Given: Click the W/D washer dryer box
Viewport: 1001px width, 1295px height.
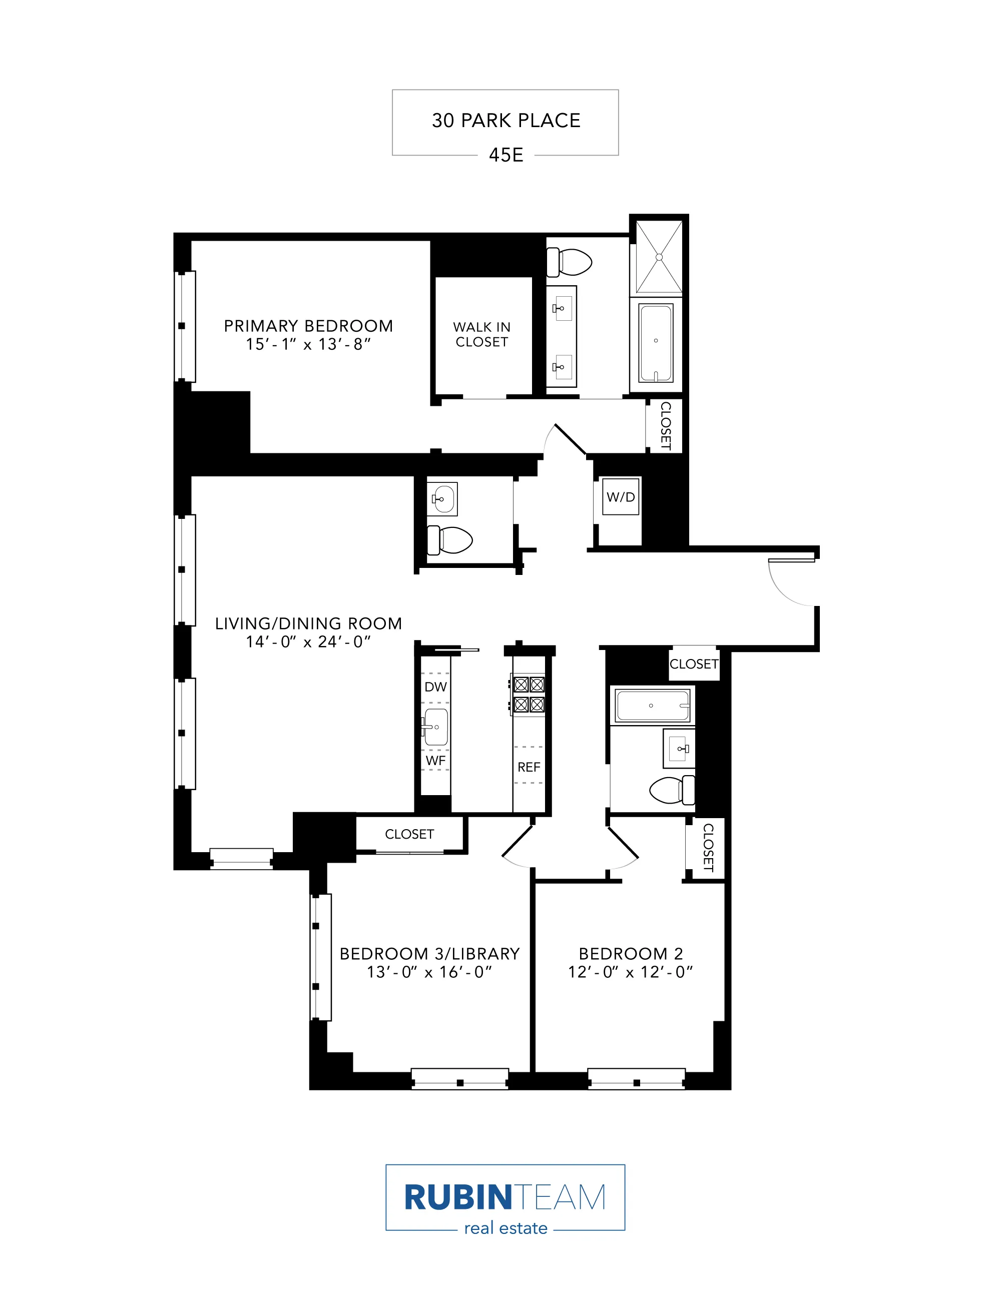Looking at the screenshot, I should point(621,497).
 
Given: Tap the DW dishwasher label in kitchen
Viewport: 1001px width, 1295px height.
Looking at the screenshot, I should point(435,687).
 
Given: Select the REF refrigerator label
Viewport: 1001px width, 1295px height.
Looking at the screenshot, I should point(529,767).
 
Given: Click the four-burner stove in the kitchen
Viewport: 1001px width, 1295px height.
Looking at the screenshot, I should point(529,695).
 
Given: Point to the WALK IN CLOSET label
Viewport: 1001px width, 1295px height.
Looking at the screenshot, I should point(481,334).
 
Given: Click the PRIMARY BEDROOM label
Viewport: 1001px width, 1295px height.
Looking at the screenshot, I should point(308,326).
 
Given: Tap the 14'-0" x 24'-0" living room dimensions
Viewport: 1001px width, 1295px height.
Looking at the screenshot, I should point(308,641).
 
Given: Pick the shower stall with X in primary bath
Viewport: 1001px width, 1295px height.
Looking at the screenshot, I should point(659,257).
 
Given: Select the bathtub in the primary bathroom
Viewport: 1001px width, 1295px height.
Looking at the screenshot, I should point(655,343).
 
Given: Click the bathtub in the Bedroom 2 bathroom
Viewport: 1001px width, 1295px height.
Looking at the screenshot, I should point(652,705).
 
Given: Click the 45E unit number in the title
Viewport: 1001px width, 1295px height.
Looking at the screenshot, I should point(505,155).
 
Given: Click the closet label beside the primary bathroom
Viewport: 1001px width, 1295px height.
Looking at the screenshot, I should point(665,425).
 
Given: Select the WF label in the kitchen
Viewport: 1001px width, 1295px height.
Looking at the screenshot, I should point(435,760).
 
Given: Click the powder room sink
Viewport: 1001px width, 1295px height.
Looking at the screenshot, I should point(442,499).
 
